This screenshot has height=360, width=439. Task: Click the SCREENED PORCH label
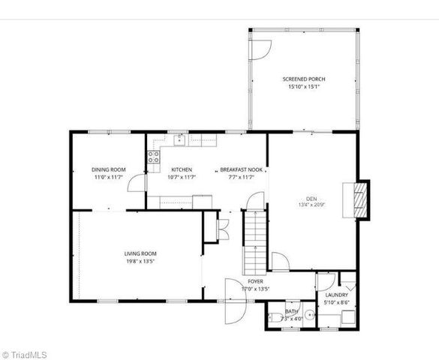[x=303, y=79]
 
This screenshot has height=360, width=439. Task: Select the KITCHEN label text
[x=182, y=169]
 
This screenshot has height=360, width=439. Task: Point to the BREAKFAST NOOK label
[x=241, y=169]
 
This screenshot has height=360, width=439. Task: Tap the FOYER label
[x=255, y=281]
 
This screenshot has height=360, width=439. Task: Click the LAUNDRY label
[x=336, y=295]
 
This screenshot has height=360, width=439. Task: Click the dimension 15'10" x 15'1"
[x=303, y=87]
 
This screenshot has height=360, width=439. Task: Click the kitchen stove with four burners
[x=153, y=157]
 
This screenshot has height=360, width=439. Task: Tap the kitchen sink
[x=180, y=139]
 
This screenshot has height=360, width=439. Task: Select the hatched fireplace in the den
[x=361, y=199]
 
